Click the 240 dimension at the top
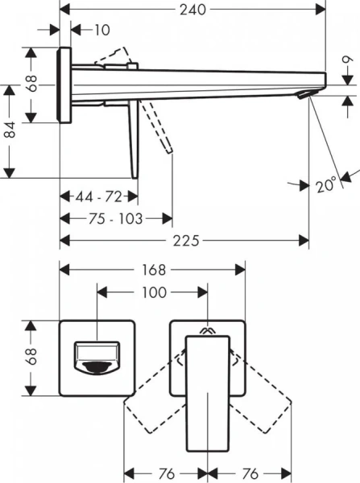pos(193,10)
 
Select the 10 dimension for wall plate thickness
pos(100,31)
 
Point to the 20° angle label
pos(325,185)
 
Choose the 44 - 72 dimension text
pos(98,196)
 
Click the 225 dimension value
pos(185,241)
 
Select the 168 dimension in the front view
pos(154,270)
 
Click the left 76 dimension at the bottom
pos(165,473)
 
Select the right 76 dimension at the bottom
pos(250,473)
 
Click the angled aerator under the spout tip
pos(303,96)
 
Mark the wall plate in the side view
pos(64,85)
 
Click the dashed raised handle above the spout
pos(114,56)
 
